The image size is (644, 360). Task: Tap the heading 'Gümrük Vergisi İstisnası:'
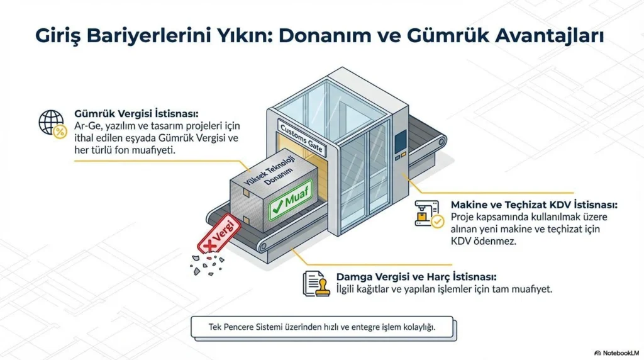(136, 113)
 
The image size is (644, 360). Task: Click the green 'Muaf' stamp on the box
(291, 201)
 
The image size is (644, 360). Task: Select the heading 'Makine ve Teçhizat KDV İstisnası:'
(534, 205)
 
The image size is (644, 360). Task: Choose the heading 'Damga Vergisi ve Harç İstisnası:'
(416, 276)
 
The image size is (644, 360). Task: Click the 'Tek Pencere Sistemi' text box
(323, 327)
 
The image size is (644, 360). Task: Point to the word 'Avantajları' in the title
(549, 36)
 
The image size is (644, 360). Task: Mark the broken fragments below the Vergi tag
(207, 264)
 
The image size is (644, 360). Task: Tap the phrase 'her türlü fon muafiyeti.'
(125, 150)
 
